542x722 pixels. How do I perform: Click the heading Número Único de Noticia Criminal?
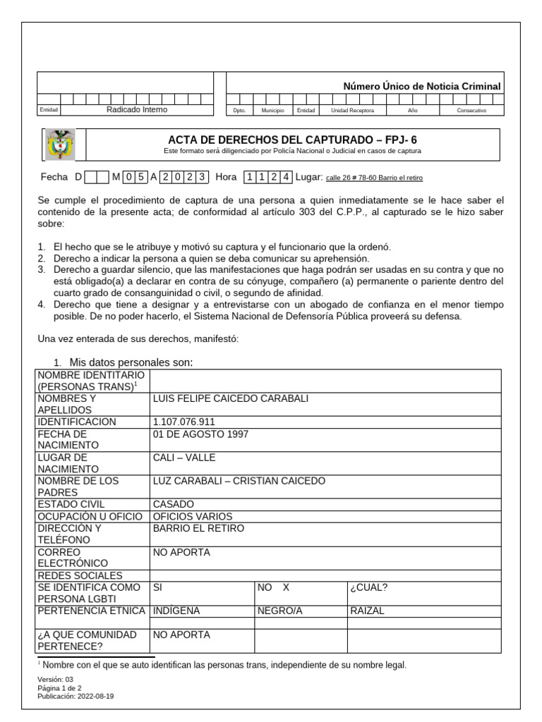click(x=421, y=86)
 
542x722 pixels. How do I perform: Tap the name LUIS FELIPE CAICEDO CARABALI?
click(x=231, y=398)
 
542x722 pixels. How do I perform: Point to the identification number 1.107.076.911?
click(x=183, y=422)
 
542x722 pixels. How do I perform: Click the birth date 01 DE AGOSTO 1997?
click(x=200, y=434)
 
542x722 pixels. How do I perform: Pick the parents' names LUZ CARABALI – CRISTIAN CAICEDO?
click(x=239, y=481)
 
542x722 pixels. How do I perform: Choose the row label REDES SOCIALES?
click(x=80, y=575)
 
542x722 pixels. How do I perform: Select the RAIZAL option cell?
click(x=367, y=611)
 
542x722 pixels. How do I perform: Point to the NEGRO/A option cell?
click(x=279, y=611)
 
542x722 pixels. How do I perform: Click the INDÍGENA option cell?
click(x=176, y=611)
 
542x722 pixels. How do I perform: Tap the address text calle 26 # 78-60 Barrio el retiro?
click(x=374, y=178)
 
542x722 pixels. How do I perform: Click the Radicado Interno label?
click(x=137, y=110)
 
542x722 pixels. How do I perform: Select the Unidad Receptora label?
click(x=353, y=111)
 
